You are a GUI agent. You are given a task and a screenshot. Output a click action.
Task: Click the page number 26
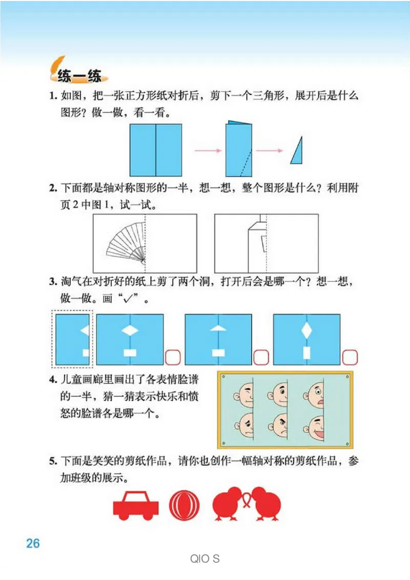(x=33, y=543)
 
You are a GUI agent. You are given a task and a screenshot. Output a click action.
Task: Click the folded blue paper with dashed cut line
(x=239, y=149)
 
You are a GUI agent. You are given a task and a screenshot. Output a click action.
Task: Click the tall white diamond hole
(x=306, y=330)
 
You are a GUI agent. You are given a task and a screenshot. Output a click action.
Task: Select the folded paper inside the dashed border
(x=72, y=339)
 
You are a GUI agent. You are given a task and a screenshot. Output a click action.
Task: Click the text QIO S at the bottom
(x=204, y=558)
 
